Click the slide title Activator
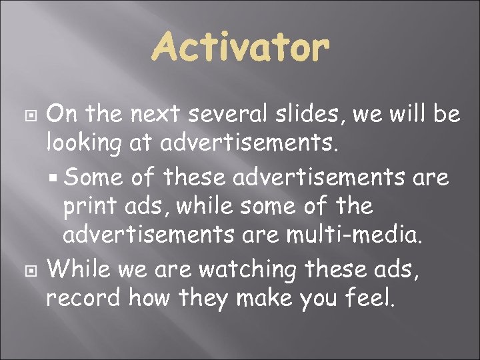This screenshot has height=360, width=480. point(240,49)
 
